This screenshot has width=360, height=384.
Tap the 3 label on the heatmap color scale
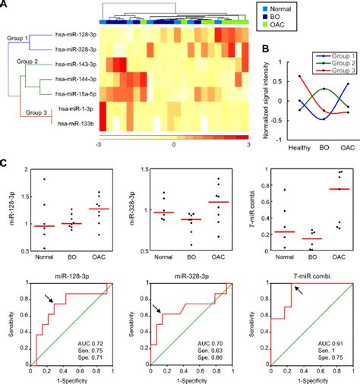click(248, 143)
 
